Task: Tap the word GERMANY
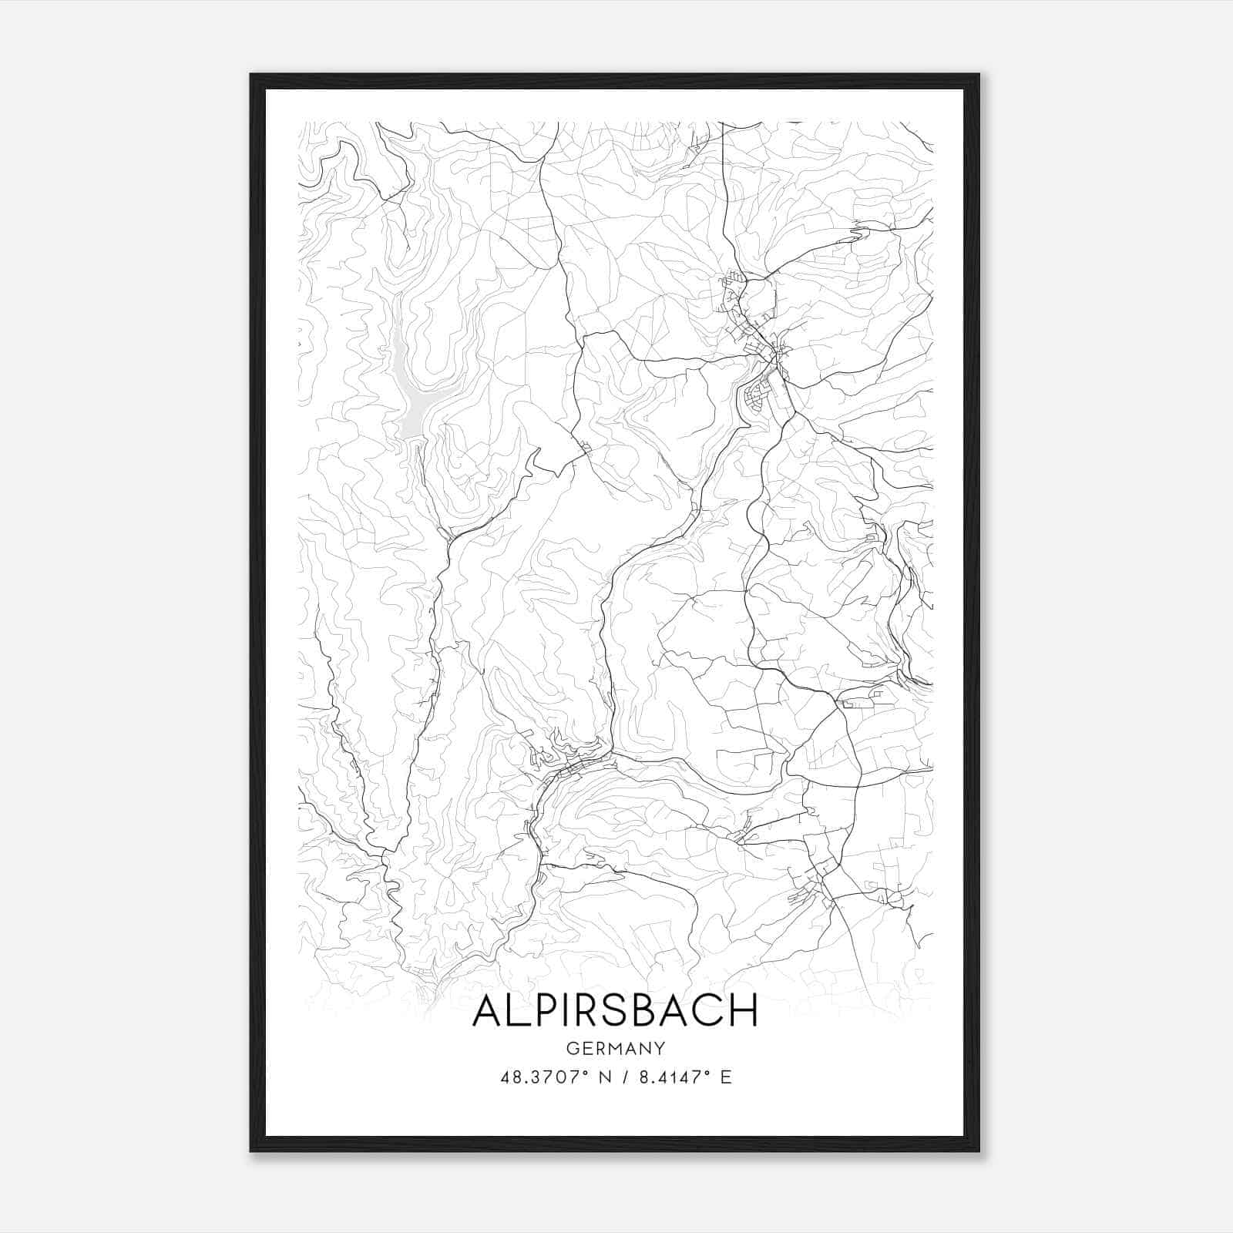pyautogui.click(x=615, y=1048)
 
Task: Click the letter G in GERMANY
pyautogui.click(x=571, y=1048)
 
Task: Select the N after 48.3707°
pyautogui.click(x=603, y=1077)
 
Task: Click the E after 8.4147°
pyautogui.click(x=725, y=1077)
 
